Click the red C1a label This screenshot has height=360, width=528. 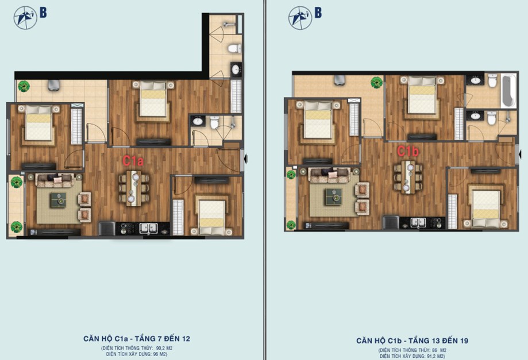coord(133,161)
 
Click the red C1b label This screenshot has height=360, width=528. coord(408,152)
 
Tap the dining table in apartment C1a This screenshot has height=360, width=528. coord(134,188)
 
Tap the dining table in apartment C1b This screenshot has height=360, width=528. coord(408,177)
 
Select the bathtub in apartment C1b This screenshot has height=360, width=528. coord(508,91)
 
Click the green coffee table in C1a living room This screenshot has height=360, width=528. coord(59,200)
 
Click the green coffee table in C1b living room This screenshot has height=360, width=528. coord(333,196)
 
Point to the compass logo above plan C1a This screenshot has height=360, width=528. coord(25,17)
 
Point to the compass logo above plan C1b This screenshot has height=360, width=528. coord(300,17)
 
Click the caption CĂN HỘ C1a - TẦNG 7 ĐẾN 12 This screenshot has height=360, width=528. coord(137,338)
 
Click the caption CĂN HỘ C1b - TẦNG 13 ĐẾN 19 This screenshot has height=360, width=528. coord(412,340)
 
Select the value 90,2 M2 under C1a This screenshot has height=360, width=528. coord(164,348)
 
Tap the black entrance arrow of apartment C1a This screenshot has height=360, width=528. coord(246,159)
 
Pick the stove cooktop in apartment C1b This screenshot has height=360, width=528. coord(437,222)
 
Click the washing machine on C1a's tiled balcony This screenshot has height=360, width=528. coord(54,85)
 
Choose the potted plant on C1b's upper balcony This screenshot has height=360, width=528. coord(376,82)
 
